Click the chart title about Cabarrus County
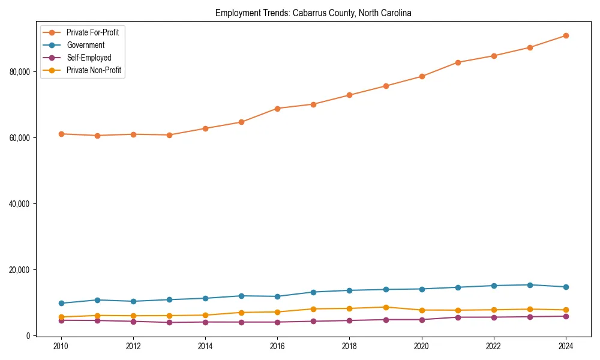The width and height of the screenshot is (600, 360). [313, 13]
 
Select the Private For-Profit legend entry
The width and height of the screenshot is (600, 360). [92, 32]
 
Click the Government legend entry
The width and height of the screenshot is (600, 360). [85, 45]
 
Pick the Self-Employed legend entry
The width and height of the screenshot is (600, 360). [89, 58]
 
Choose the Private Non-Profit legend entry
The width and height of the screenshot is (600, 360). [94, 70]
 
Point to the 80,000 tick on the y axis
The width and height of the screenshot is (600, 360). [21, 72]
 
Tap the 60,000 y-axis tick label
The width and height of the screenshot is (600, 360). [21, 138]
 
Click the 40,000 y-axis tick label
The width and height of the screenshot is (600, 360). [21, 204]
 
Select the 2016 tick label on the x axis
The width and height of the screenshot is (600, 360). [277, 346]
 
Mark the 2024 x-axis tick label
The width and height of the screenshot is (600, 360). [566, 346]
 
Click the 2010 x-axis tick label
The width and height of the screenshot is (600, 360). [61, 346]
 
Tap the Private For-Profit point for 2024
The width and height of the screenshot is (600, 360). [566, 35]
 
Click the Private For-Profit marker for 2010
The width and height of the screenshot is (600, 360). [61, 134]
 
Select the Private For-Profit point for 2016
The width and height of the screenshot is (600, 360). [277, 109]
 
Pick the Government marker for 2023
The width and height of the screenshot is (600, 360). [530, 285]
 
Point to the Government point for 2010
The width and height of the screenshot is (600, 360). [61, 303]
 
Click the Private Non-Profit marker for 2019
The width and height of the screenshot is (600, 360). [385, 307]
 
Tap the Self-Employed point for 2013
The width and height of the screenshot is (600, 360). [169, 322]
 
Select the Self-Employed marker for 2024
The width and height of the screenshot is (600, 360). [566, 316]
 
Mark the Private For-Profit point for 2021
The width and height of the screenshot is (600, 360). [458, 62]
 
